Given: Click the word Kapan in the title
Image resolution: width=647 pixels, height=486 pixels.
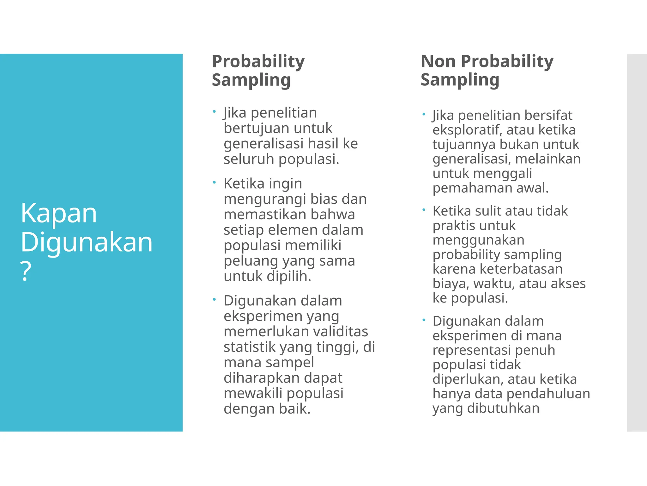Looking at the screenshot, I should (59, 214).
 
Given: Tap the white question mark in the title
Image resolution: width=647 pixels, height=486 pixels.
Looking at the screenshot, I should (26, 271).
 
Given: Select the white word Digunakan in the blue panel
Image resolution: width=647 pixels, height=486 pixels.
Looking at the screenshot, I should (87, 242).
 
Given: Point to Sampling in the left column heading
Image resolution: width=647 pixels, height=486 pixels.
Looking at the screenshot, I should (251, 80).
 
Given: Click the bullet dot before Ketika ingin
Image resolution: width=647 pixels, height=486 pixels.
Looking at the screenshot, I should (214, 182).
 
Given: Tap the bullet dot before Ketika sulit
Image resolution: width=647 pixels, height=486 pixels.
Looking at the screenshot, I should (423, 209).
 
